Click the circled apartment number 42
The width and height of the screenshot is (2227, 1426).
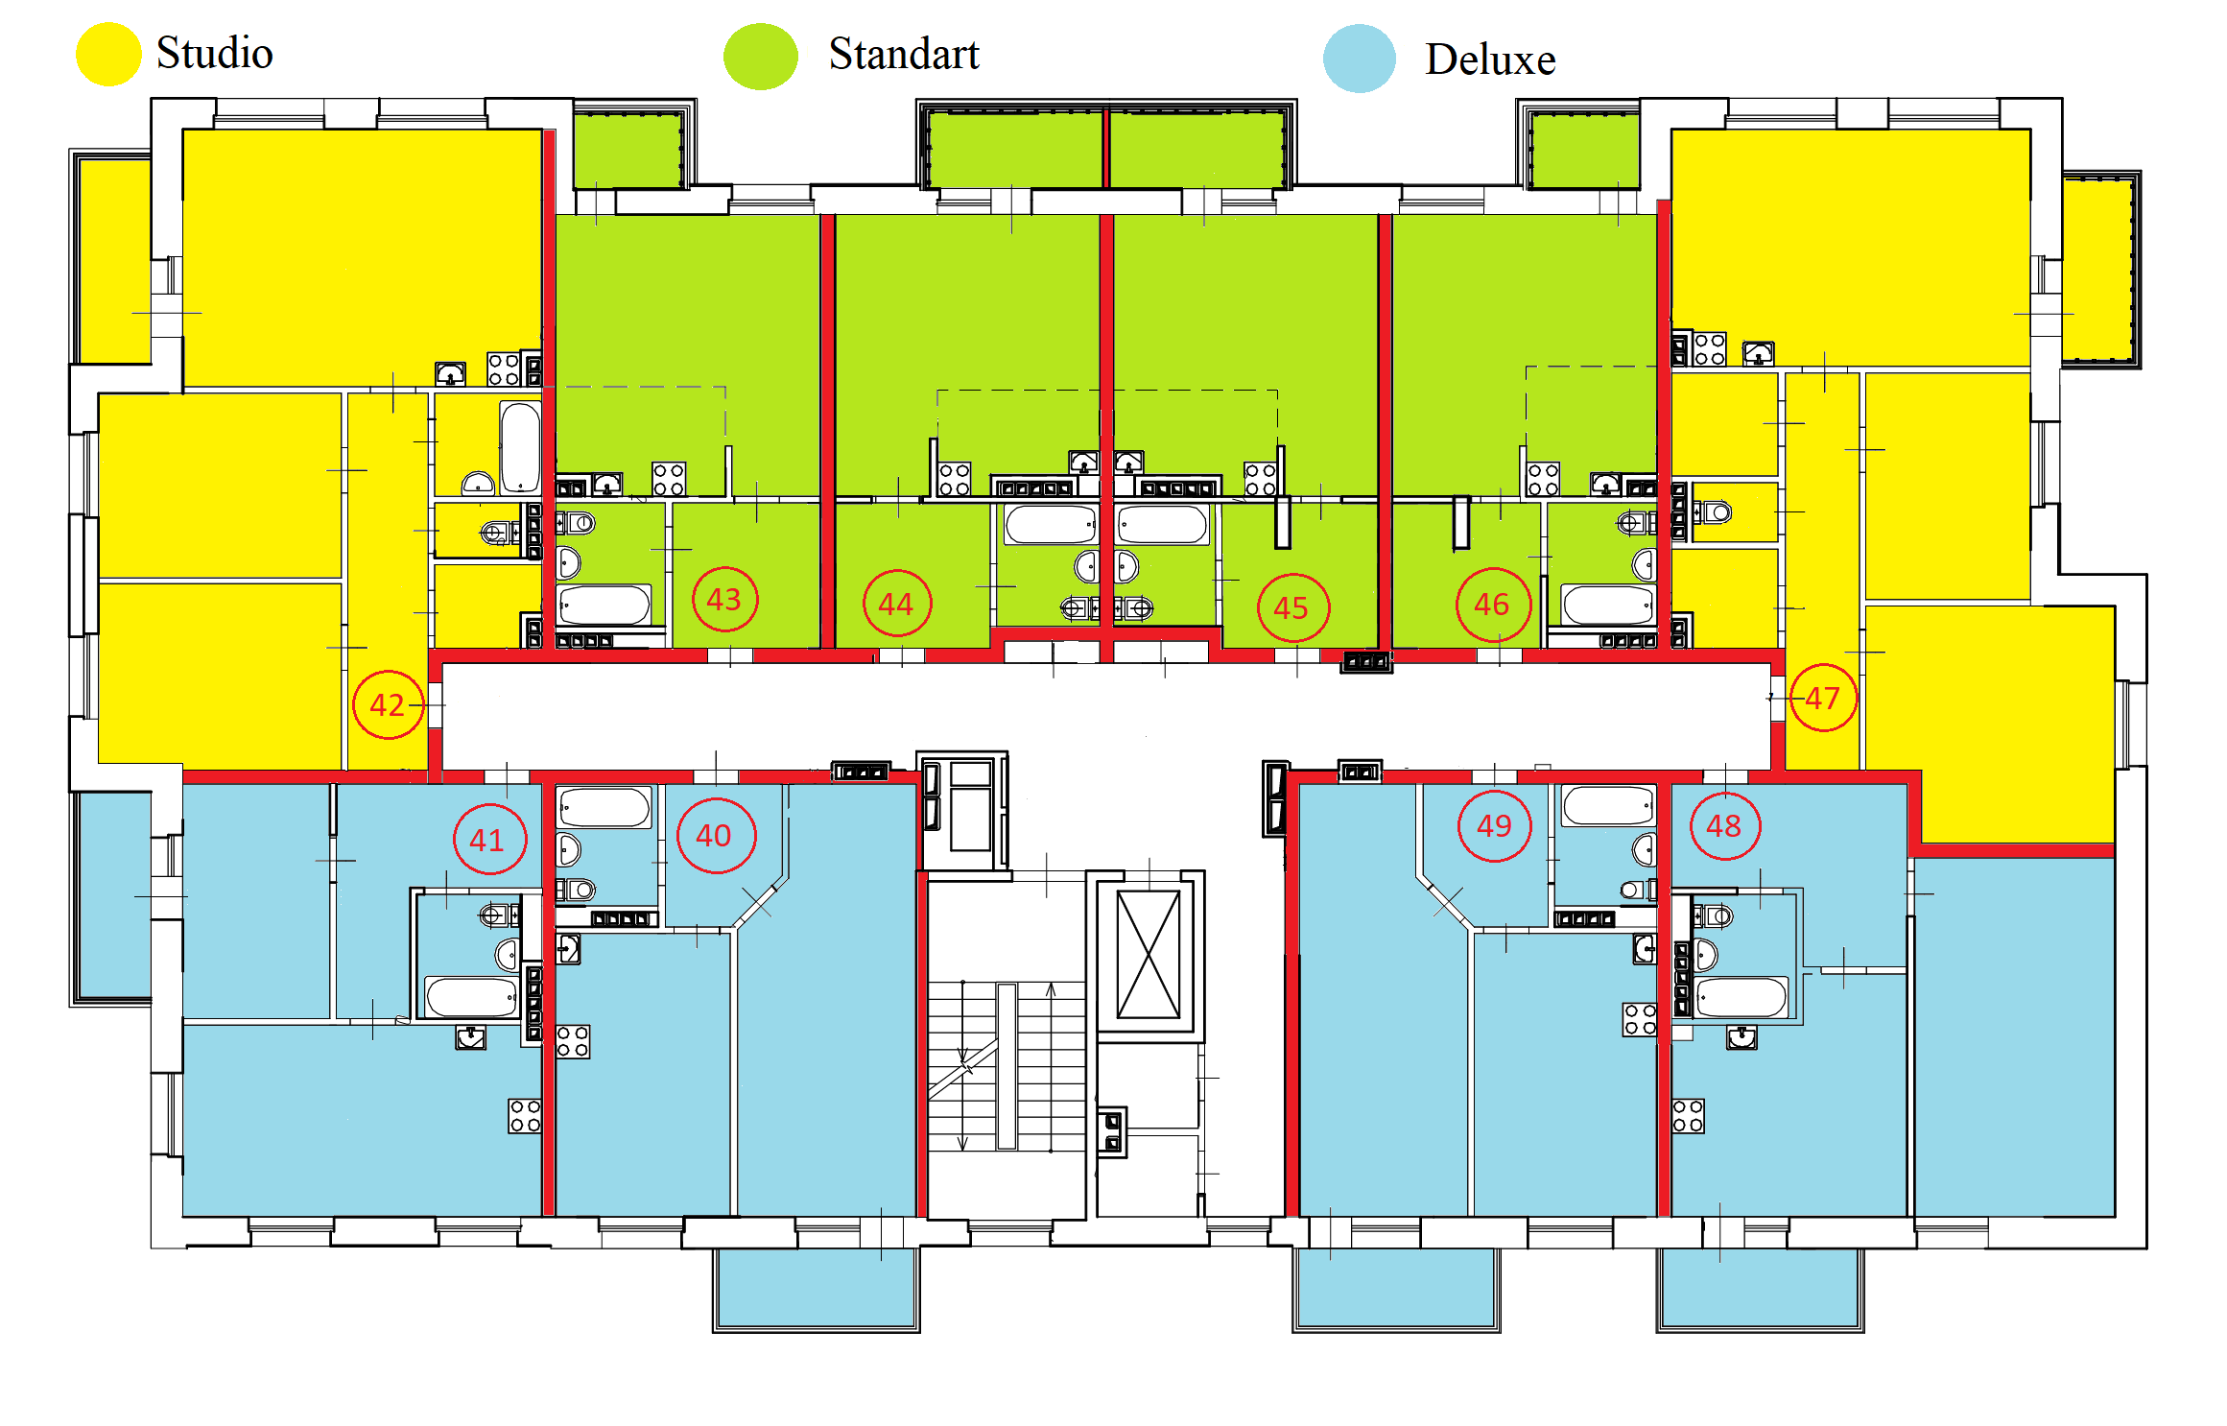[x=389, y=704]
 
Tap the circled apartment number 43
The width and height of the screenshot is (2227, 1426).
[x=725, y=599]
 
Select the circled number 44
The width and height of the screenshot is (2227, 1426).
[x=897, y=603]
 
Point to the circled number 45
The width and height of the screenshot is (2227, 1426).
[x=1292, y=606]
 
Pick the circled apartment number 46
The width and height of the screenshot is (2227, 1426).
[x=1493, y=604]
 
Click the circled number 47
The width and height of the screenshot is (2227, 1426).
[x=1822, y=698]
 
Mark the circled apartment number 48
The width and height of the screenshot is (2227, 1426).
[x=1724, y=825]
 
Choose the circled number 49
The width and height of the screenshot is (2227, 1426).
[x=1494, y=825]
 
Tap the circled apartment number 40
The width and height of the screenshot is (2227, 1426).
[x=716, y=835]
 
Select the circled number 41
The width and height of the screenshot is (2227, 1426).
[x=489, y=840]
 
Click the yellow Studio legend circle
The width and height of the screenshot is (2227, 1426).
[x=108, y=54]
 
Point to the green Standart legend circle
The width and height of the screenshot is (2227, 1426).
[x=760, y=57]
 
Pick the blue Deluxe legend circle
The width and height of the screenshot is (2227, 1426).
[x=1359, y=59]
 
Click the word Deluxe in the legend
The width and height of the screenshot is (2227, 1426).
[x=1490, y=59]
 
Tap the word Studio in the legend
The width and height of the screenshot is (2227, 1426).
[x=215, y=53]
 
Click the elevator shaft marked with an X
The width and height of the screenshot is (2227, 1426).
[x=1149, y=954]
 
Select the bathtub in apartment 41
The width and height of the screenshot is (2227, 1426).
[x=472, y=997]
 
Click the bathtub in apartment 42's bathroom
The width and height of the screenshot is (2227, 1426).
[x=520, y=447]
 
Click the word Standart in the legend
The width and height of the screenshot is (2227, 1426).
[x=904, y=54]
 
